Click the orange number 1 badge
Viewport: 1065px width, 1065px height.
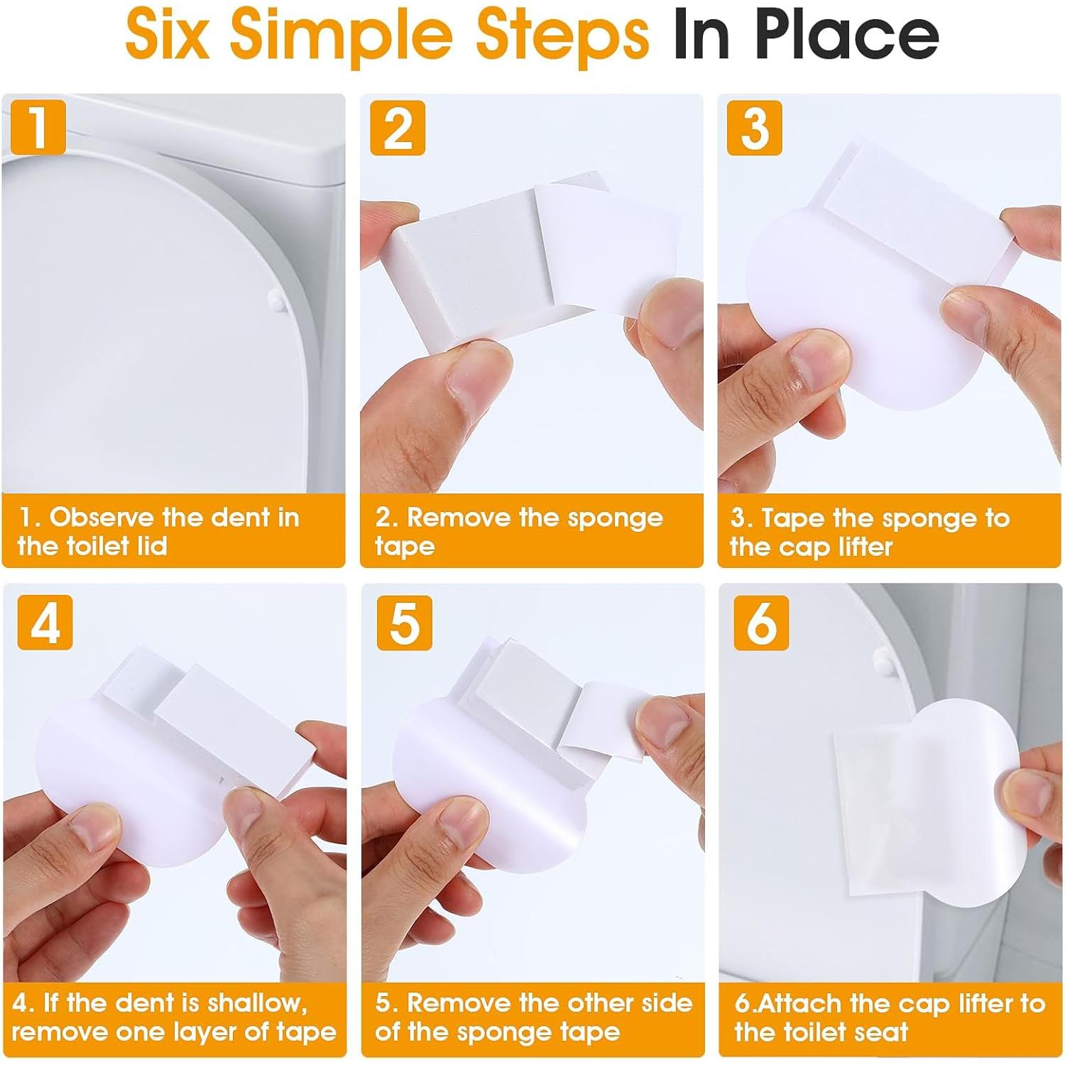pyautogui.click(x=39, y=127)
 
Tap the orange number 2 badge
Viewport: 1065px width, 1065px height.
pyautogui.click(x=398, y=128)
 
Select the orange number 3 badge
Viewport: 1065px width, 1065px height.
pyautogui.click(x=755, y=128)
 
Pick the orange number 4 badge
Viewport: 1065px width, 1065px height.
pyautogui.click(x=45, y=622)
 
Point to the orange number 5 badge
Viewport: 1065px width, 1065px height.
pyautogui.click(x=405, y=622)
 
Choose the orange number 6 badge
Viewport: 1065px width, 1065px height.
pyautogui.click(x=762, y=623)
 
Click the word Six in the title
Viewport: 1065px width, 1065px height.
pyautogui.click(x=168, y=33)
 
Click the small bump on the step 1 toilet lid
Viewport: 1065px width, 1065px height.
pyautogui.click(x=277, y=301)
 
